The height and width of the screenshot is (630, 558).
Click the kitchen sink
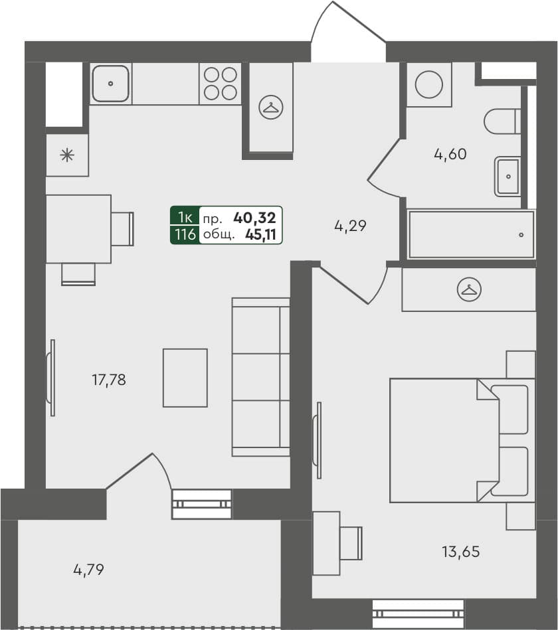coord(110,84)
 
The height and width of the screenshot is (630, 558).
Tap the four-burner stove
coord(221,84)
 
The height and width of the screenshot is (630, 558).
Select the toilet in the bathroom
coord(502,121)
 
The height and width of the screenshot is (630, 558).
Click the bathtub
coord(471,234)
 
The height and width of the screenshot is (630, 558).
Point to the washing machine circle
coord(428,84)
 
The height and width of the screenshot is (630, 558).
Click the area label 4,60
coord(450,155)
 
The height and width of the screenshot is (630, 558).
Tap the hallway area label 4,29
coord(350,226)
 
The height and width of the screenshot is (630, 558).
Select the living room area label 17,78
coord(108,380)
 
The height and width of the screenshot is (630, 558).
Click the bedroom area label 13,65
coord(460,551)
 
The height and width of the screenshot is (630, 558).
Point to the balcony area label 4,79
coord(89,569)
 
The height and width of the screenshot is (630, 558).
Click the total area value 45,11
coord(260,234)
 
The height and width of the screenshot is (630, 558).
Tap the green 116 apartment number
coord(185,234)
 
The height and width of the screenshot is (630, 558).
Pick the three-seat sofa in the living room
coord(260,376)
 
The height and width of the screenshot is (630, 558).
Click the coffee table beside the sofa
coord(185,378)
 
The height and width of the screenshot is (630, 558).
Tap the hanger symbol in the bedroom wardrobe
coord(469,289)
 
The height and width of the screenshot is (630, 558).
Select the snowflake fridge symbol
coord(67,155)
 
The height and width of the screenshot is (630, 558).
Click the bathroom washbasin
coord(508,177)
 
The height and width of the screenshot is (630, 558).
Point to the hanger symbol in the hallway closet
coord(271,107)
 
